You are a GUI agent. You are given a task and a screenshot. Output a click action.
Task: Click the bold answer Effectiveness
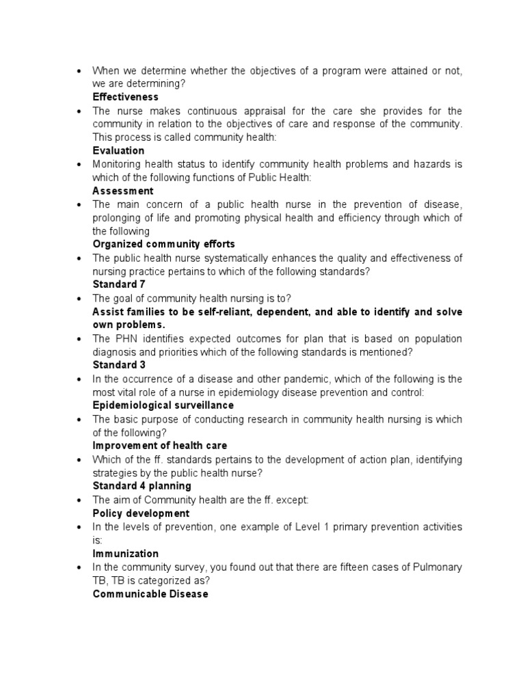pyautogui.click(x=125, y=97)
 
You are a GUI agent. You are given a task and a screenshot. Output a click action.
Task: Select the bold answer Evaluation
pyautogui.click(x=118, y=150)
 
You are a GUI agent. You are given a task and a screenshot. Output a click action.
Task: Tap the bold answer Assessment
pyautogui.click(x=123, y=191)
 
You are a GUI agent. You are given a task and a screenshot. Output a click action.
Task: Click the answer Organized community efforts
pyautogui.click(x=163, y=244)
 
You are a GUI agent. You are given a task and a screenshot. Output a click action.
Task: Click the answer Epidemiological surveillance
pyautogui.click(x=163, y=405)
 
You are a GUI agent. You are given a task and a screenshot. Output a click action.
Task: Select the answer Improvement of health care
pyautogui.click(x=159, y=446)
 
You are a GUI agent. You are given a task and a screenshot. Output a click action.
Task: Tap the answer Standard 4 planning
pyautogui.click(x=142, y=486)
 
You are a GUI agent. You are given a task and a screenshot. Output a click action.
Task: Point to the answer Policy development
pyautogui.click(x=141, y=513)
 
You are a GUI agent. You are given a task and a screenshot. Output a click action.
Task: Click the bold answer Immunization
pyautogui.click(x=125, y=554)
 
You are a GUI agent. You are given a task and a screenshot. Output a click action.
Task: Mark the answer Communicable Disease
pyautogui.click(x=150, y=594)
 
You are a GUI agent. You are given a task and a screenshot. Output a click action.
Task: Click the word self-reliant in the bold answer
pyautogui.click(x=214, y=312)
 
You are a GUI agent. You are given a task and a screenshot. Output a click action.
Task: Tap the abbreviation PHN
pyautogui.click(x=126, y=339)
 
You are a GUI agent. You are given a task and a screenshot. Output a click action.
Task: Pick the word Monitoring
pyautogui.click(x=117, y=164)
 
